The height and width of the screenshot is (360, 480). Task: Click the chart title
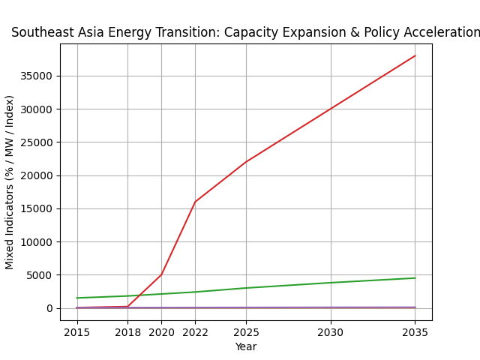click(x=245, y=33)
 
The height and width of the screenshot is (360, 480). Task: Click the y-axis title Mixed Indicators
click(x=10, y=182)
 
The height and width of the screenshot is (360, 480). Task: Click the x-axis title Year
click(x=246, y=346)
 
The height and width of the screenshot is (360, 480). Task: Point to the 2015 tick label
click(x=76, y=331)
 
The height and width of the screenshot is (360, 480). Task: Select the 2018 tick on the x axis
click(x=127, y=331)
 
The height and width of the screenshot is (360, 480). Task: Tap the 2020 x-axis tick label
click(x=161, y=331)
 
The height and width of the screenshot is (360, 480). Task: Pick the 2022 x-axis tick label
click(x=195, y=331)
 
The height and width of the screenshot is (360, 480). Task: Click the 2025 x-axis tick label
click(x=246, y=331)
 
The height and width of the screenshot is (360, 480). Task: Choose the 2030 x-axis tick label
click(x=331, y=331)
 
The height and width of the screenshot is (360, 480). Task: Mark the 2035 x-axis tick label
click(x=415, y=331)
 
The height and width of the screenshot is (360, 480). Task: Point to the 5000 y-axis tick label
click(x=40, y=275)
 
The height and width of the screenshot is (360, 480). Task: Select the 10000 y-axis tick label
click(x=37, y=242)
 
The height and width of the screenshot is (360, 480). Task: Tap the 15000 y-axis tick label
click(x=37, y=208)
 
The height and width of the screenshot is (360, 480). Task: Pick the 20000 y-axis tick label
click(x=37, y=175)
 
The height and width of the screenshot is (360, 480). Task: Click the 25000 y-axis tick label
click(x=37, y=142)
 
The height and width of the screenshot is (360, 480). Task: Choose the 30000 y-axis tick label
click(x=37, y=109)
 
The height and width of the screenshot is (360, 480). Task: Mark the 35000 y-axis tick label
click(x=37, y=76)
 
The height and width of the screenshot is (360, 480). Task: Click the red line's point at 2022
click(x=195, y=202)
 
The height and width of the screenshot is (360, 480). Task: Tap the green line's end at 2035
click(x=415, y=278)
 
